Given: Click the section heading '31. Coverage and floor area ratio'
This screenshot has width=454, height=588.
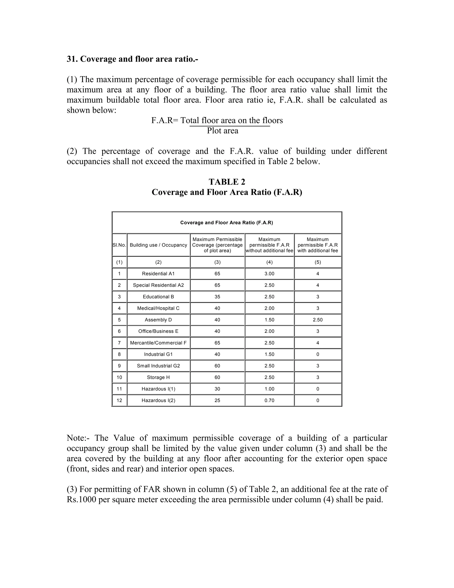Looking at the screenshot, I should click(132, 59).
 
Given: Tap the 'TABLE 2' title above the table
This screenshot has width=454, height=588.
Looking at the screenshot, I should click(227, 182).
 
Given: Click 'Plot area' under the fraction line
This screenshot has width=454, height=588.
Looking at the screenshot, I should click(222, 131).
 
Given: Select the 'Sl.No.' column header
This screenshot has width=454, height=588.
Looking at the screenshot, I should click(119, 245).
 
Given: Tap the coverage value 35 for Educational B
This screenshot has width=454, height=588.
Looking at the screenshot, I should click(217, 297).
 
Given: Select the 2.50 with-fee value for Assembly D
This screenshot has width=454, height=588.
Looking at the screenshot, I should click(318, 320).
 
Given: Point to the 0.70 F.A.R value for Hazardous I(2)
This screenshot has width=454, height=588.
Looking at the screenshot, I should click(269, 400).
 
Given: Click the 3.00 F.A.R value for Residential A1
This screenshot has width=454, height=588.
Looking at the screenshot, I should click(269, 274).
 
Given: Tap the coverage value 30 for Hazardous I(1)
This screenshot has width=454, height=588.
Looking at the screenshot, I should click(217, 389).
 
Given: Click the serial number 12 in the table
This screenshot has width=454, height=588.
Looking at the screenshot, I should click(119, 400).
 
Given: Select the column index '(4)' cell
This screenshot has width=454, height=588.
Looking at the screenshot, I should click(269, 262).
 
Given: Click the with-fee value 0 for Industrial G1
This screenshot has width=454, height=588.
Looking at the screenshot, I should click(318, 354).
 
